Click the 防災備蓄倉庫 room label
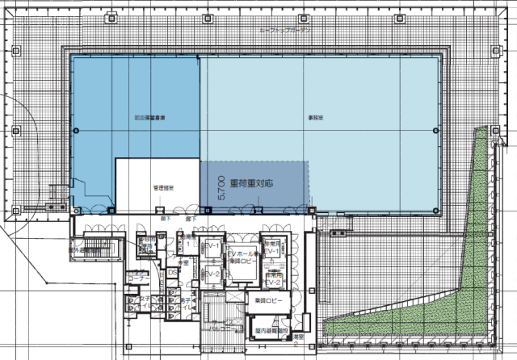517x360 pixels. (x=150, y=118)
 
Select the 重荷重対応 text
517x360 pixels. (x=251, y=183)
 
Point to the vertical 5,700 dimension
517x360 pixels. (x=221, y=186)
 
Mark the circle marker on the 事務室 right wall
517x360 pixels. (x=436, y=131)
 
